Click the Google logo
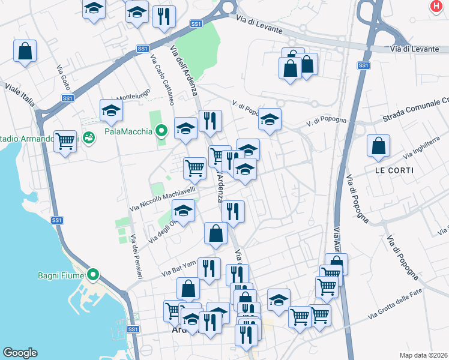tap(20, 353)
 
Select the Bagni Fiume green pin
tap(92, 275)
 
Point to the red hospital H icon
tap(436, 7)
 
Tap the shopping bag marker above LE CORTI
tap(379, 146)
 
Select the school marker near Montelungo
tap(111, 110)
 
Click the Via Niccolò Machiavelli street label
tap(163, 199)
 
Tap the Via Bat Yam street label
tap(178, 269)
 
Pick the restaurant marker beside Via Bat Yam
tap(209, 269)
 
